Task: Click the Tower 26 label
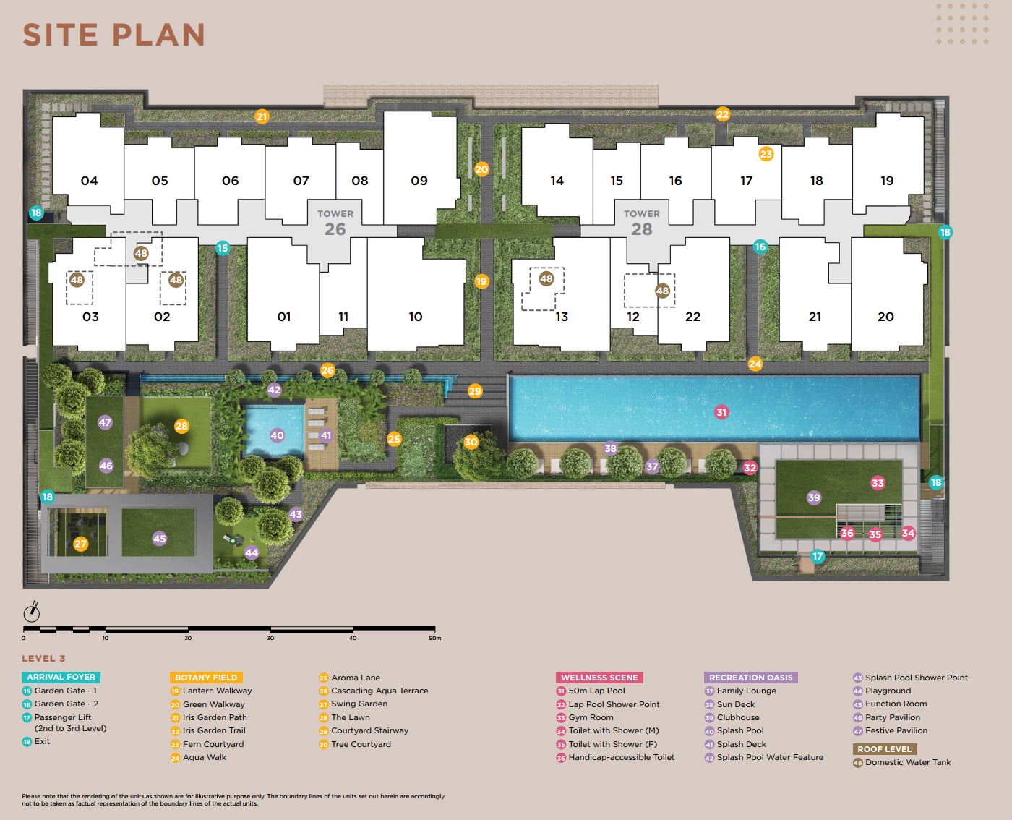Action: coord(335,223)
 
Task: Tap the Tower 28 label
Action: coord(642,223)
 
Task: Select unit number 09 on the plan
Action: coord(419,181)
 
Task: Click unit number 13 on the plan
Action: coord(562,317)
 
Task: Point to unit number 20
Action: coord(885,317)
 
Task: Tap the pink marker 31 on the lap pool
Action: coord(721,412)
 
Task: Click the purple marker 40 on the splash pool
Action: coord(277,435)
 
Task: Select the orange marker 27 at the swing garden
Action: coord(80,544)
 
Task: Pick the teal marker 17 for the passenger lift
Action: coord(818,556)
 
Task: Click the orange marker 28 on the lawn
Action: coord(181,426)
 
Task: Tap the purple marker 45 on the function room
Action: coord(159,539)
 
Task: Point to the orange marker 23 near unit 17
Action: coord(766,153)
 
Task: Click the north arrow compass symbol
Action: coord(32,612)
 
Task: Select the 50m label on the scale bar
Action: coord(434,638)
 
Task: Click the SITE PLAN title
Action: coord(114,35)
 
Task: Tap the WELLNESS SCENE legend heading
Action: coord(599,678)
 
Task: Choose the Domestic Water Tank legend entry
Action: coord(902,762)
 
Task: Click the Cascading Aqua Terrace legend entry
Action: coord(374,691)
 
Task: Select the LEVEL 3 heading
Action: coord(43,658)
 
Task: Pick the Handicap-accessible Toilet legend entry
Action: coord(615,757)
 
